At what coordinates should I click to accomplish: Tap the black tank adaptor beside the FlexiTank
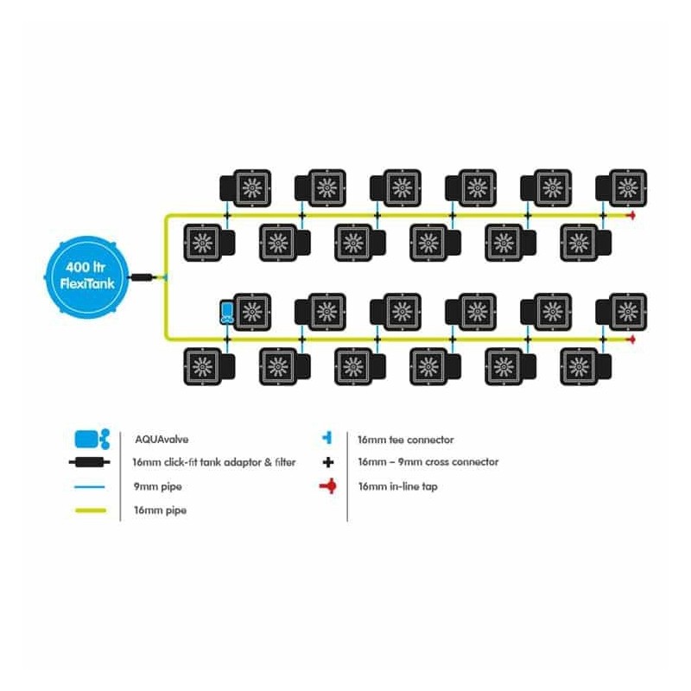(143, 277)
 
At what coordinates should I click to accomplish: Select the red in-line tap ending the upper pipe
(631, 214)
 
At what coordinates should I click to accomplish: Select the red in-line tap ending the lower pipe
(631, 339)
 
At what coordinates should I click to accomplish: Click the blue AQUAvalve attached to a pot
(225, 312)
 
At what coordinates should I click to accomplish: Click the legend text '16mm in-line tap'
(397, 486)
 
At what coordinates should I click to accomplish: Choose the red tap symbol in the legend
(327, 487)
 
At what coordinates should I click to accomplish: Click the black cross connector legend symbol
(327, 462)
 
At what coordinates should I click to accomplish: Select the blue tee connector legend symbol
(327, 439)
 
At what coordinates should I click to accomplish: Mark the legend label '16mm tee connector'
(405, 440)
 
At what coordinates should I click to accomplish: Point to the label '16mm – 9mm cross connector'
(428, 462)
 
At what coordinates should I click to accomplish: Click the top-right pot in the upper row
(620, 186)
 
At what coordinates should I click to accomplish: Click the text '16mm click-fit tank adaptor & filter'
(214, 462)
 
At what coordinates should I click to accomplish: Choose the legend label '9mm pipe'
(157, 486)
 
